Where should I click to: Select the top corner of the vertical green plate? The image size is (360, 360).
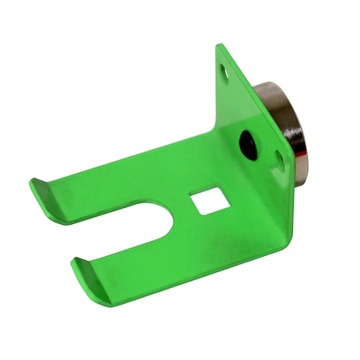click(x=220, y=46)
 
